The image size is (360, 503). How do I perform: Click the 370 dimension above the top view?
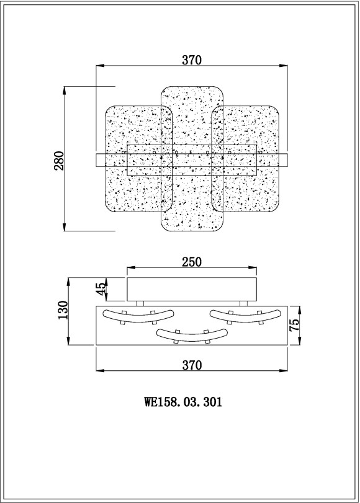click(192, 60)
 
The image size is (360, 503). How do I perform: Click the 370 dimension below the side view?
click(192, 365)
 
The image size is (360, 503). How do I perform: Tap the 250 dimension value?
click(192, 262)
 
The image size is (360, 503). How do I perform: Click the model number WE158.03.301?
click(183, 401)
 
